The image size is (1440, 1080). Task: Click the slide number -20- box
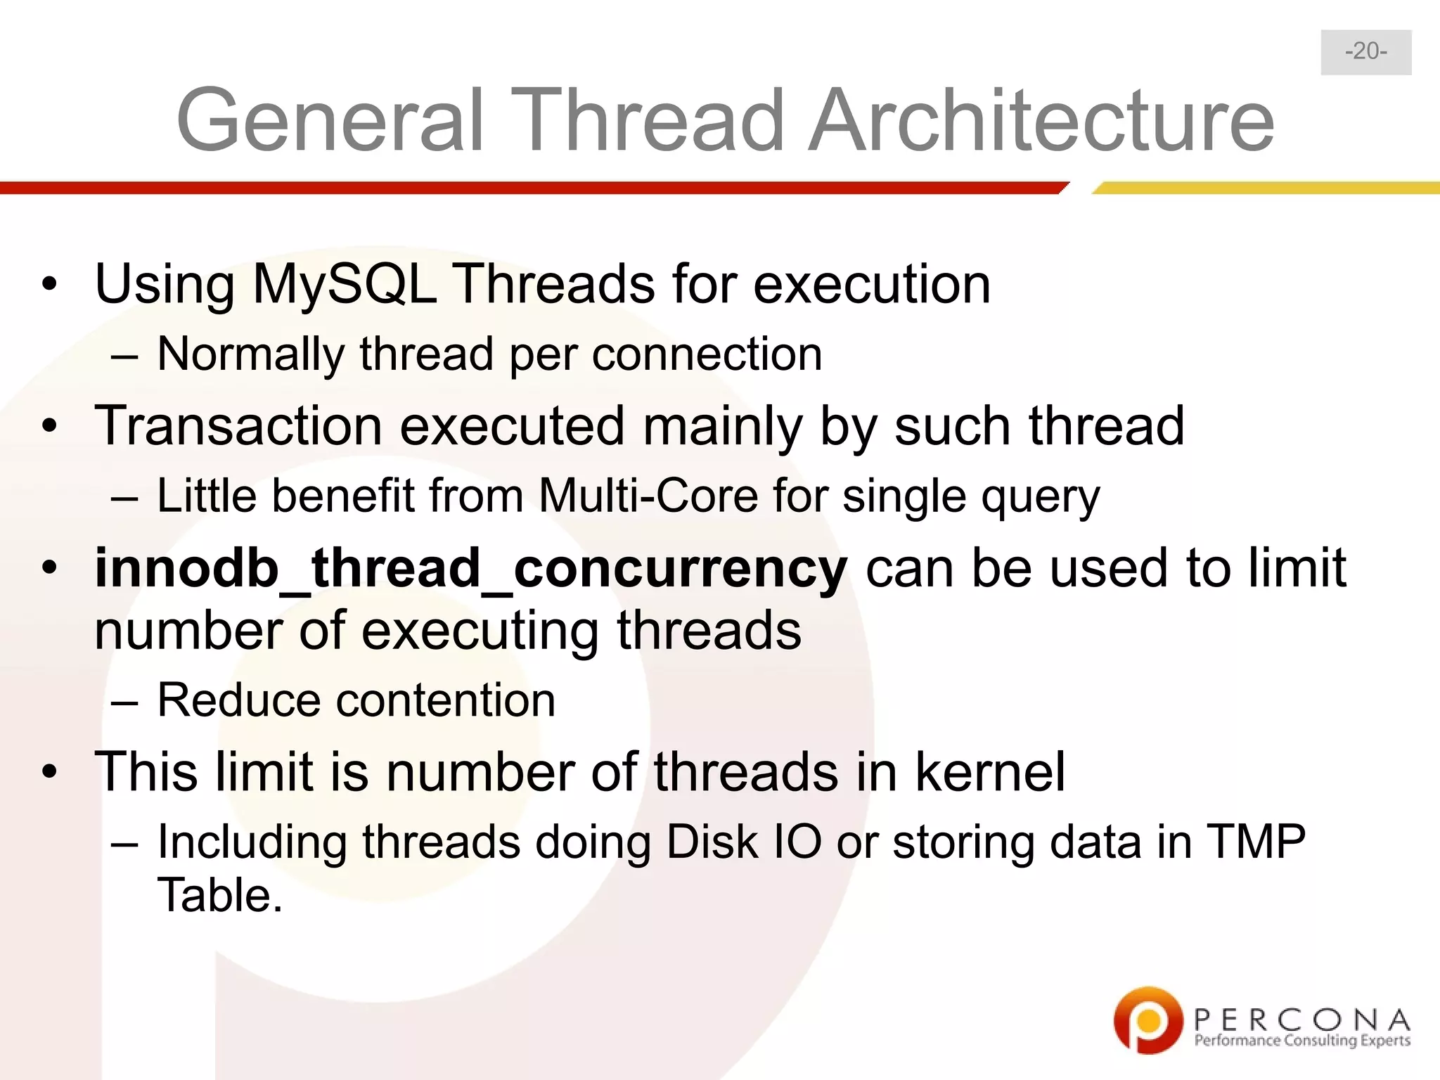(1365, 52)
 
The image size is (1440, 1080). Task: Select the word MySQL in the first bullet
(345, 285)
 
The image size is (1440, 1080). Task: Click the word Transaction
(239, 426)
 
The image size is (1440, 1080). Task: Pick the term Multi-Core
(648, 496)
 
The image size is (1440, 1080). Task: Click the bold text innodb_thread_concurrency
(471, 568)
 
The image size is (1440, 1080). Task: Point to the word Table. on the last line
(219, 896)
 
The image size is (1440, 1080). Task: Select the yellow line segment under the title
(1266, 188)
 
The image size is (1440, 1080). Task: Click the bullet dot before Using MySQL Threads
(49, 285)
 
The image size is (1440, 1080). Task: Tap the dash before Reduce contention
(124, 702)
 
